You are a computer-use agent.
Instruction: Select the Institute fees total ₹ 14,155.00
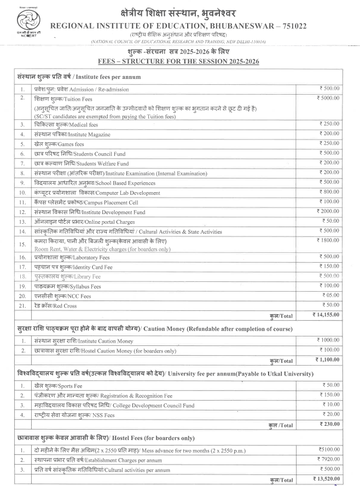coord(326,315)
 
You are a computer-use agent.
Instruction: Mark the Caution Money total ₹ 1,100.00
coord(327,360)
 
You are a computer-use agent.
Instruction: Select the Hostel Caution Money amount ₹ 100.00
coord(329,350)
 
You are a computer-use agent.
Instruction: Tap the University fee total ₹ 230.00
coord(329,424)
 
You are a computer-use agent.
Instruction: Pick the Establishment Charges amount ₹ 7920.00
coord(328,460)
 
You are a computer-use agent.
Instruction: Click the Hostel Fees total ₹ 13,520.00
coord(326,480)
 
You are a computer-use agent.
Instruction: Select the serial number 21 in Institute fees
coord(22,305)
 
